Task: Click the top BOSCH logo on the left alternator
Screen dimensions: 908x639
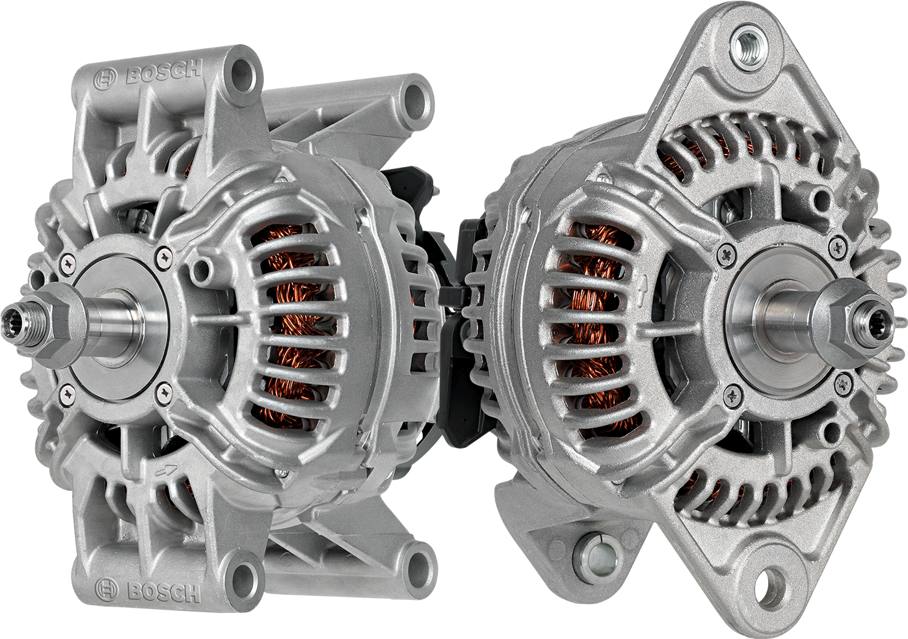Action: click(x=148, y=73)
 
